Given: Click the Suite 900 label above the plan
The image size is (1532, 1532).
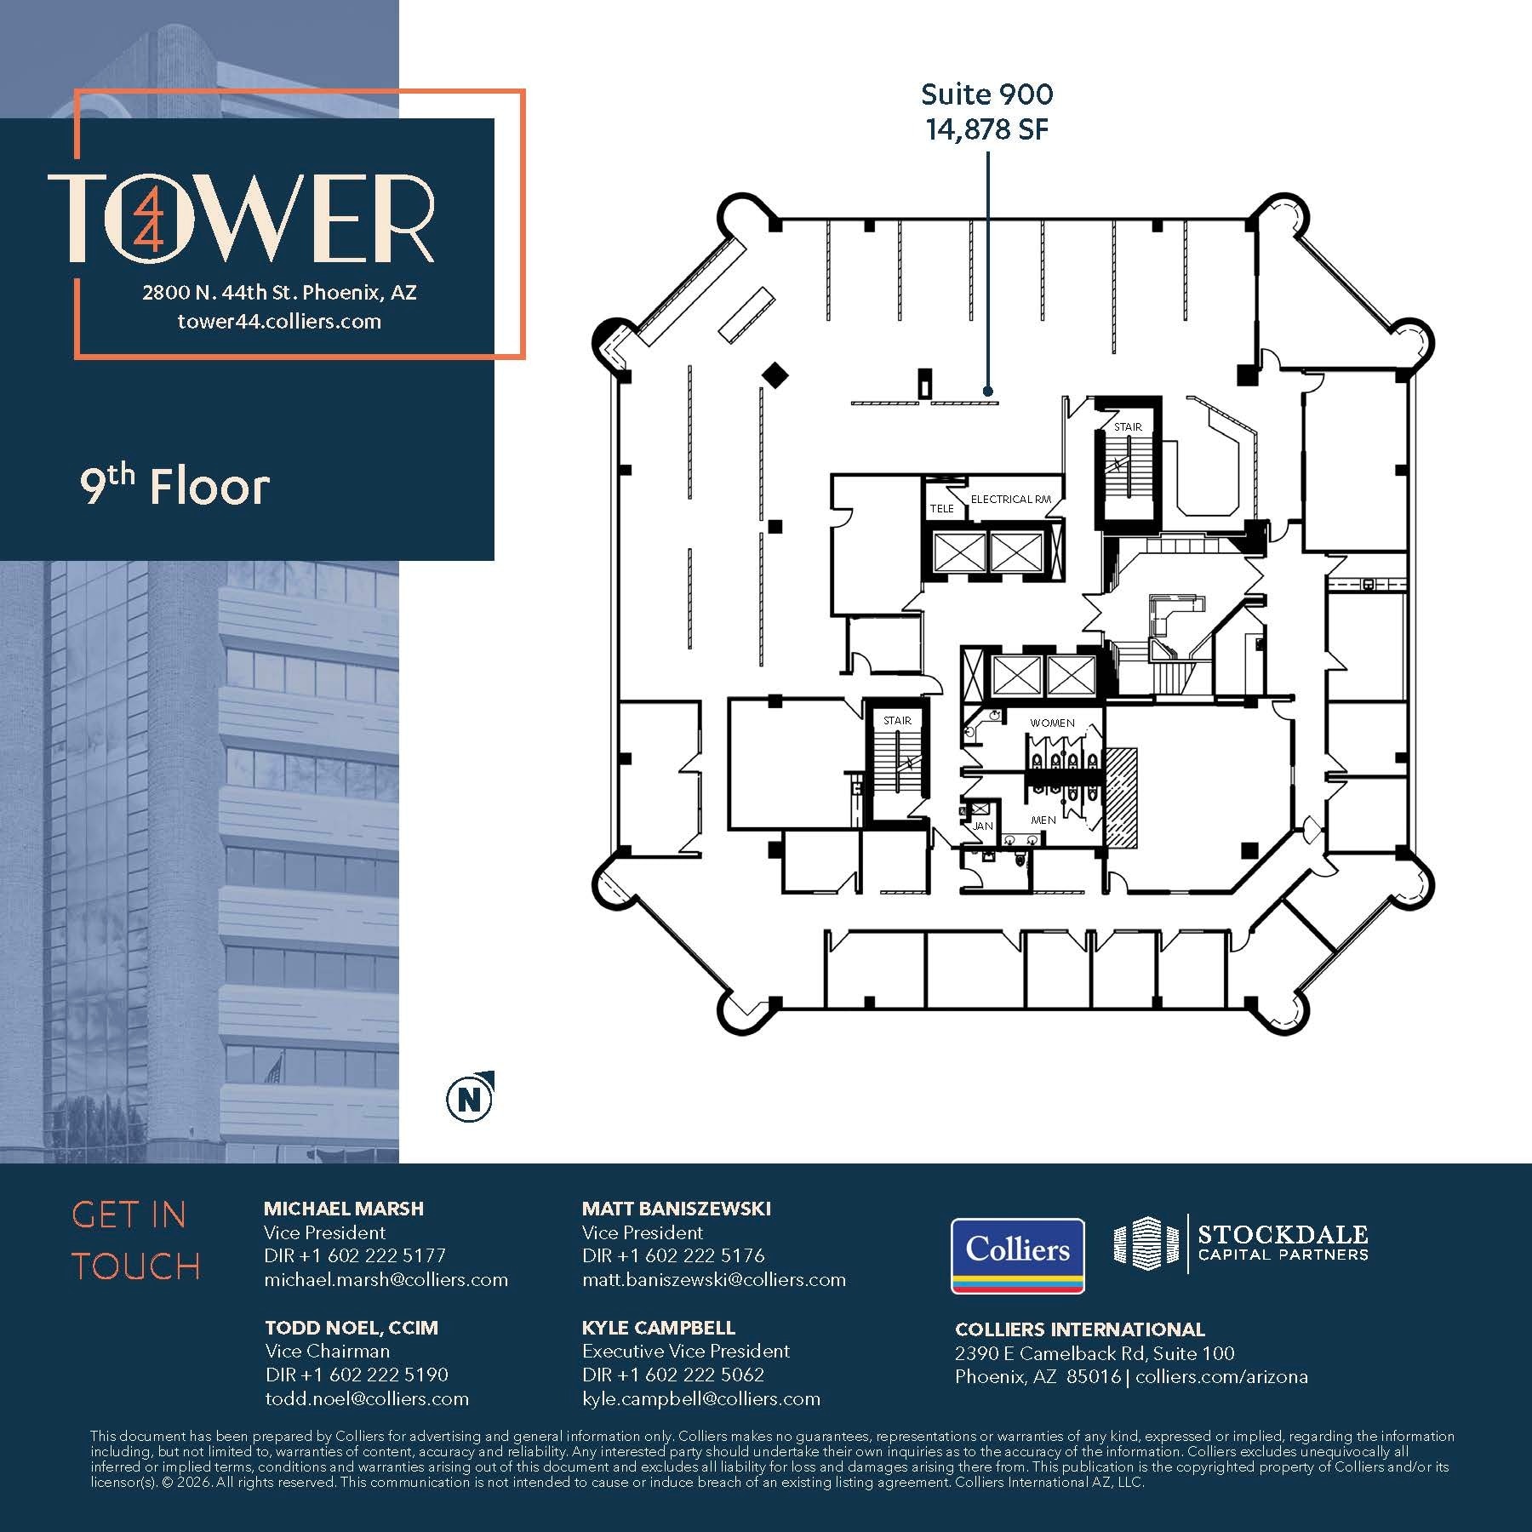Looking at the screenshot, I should point(986,94).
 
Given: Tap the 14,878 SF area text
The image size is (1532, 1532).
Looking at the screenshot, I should point(986,130).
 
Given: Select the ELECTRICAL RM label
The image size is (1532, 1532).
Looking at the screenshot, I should point(1010,500).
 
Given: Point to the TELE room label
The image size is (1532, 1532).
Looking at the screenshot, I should point(941,509).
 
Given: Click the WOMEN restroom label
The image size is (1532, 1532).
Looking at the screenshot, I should point(1052,723).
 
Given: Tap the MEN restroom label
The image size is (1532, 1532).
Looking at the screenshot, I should point(1043,820).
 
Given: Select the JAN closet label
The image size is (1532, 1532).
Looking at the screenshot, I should point(982,826).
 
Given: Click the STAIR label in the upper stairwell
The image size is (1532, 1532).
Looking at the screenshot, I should point(1128,427).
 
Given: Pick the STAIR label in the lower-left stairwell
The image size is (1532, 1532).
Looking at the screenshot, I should point(897,721).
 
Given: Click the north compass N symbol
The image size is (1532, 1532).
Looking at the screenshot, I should point(469,1100).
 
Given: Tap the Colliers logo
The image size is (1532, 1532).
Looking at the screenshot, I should point(1017,1255).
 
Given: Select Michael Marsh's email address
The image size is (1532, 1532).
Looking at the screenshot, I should point(386,1280).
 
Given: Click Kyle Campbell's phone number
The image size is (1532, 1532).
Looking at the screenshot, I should point(672,1375).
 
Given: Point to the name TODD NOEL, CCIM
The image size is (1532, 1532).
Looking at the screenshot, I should point(351,1328).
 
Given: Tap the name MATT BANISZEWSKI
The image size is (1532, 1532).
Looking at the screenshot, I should point(676,1209).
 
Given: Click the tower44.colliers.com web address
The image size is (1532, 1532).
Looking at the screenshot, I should point(279,322).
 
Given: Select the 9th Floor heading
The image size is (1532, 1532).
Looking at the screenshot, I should point(174,487).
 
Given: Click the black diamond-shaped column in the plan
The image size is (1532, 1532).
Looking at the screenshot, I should point(775,374).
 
